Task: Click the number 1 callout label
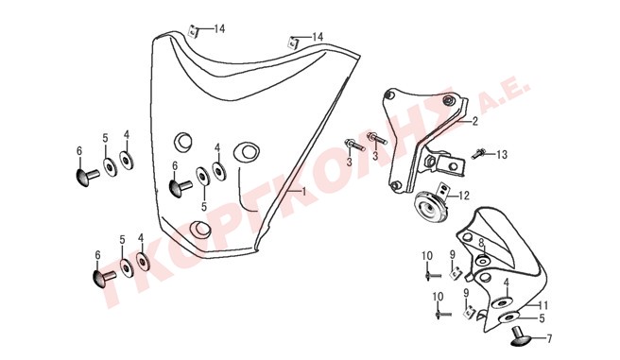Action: [x=303, y=192]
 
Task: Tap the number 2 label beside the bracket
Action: [x=474, y=121]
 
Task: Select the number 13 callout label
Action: [x=501, y=155]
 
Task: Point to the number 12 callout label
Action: [x=464, y=196]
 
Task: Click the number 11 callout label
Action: [x=542, y=305]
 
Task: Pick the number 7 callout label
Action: [x=549, y=338]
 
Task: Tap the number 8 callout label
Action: [x=481, y=243]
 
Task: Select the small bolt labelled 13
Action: [x=479, y=153]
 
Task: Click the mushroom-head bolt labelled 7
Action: [x=519, y=336]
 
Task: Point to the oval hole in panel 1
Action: [x=246, y=151]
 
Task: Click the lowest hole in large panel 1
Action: [x=200, y=230]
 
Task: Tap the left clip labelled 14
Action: [x=193, y=31]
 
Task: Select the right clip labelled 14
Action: [x=293, y=42]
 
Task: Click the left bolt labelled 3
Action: [x=354, y=145]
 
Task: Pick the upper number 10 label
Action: [x=427, y=256]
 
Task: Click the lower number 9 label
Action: [x=466, y=293]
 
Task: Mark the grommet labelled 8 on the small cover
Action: [x=483, y=261]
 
